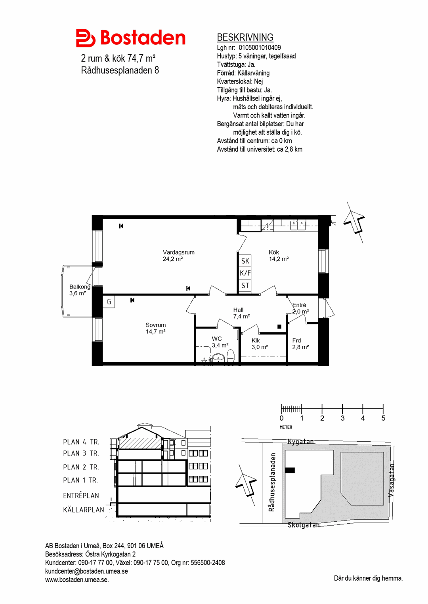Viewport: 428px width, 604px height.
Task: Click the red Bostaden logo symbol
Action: (x=86, y=38)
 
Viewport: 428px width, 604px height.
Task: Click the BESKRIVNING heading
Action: (x=245, y=37)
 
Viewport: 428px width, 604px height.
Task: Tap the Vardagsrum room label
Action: (x=178, y=253)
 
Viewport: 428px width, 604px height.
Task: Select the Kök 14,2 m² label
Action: (x=279, y=256)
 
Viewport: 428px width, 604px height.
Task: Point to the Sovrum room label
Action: (x=155, y=325)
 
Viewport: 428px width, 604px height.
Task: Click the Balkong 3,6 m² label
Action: (x=80, y=290)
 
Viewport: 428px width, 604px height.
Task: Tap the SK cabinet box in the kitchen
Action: (x=245, y=261)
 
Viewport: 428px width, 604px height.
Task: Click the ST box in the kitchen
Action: (x=245, y=285)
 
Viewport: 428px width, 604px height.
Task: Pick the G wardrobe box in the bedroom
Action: (x=109, y=302)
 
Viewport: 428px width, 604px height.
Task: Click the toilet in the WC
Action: (x=231, y=356)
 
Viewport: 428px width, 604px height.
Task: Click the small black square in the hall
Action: (x=279, y=327)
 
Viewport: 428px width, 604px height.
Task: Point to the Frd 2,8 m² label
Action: (x=300, y=344)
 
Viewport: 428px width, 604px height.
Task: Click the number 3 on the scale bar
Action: (x=342, y=418)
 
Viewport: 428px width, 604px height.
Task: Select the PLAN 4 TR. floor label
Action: (x=81, y=442)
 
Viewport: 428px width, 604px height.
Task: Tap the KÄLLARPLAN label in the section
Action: (x=84, y=510)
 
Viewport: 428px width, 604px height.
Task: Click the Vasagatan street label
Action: (x=391, y=480)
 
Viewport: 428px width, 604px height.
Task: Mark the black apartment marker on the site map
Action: (x=290, y=470)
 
